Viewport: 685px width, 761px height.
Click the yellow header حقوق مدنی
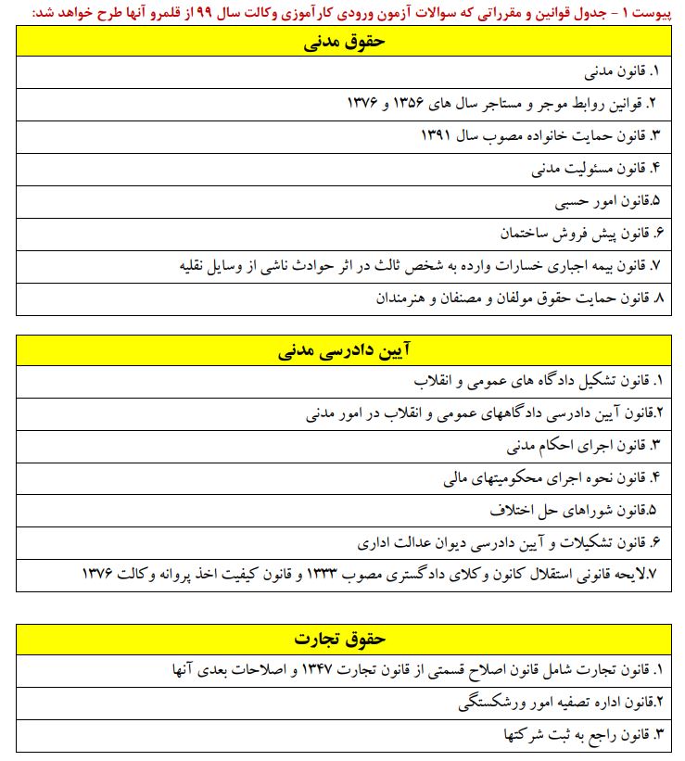[x=344, y=42]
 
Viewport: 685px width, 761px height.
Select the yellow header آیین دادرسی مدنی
[x=344, y=352]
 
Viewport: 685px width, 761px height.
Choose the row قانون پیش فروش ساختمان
[x=578, y=232]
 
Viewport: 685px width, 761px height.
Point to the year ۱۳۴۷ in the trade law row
[x=329, y=668]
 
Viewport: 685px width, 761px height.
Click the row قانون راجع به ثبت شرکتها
[x=575, y=734]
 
